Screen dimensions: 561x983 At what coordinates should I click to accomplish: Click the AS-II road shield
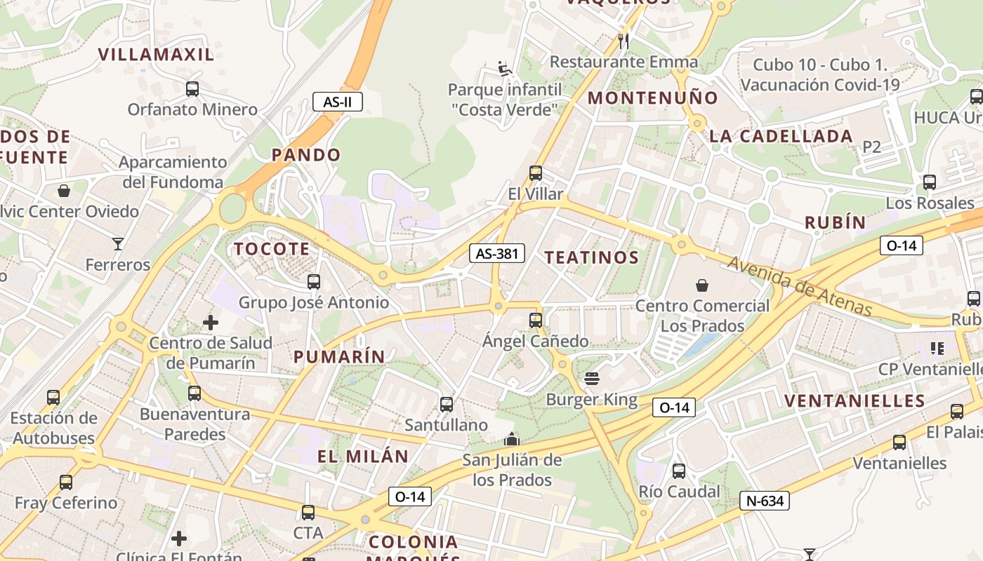click(x=337, y=102)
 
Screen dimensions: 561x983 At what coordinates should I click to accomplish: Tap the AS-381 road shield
click(x=497, y=253)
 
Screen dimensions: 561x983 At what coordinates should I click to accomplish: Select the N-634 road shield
click(x=765, y=501)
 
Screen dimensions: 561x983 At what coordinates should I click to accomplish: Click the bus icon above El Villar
click(x=536, y=173)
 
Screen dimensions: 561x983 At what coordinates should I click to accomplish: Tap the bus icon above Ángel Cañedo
click(x=536, y=320)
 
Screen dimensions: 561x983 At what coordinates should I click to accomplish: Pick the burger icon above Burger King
click(x=592, y=379)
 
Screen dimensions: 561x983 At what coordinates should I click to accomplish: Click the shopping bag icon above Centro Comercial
click(x=701, y=285)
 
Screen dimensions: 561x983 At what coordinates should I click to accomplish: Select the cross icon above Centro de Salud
click(x=210, y=323)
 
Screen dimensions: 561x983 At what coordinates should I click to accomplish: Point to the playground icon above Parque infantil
click(x=504, y=68)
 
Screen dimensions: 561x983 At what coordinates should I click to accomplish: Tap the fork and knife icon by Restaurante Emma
click(x=623, y=41)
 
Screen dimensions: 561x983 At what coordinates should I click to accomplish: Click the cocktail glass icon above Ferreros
click(x=117, y=244)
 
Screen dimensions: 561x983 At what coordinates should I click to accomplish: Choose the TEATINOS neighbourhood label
click(x=592, y=257)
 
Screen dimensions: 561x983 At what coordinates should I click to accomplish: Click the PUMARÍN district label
click(x=339, y=357)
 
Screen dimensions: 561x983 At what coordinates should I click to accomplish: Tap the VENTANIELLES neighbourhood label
click(x=855, y=401)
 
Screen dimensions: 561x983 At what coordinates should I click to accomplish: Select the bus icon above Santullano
click(x=447, y=405)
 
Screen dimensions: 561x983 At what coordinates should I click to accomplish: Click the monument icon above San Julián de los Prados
click(x=512, y=439)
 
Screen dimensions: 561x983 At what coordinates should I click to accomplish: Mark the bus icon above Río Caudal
click(x=679, y=471)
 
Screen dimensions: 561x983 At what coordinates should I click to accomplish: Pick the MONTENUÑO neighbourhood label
click(x=653, y=98)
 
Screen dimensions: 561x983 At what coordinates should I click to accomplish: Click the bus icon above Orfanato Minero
click(x=192, y=89)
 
